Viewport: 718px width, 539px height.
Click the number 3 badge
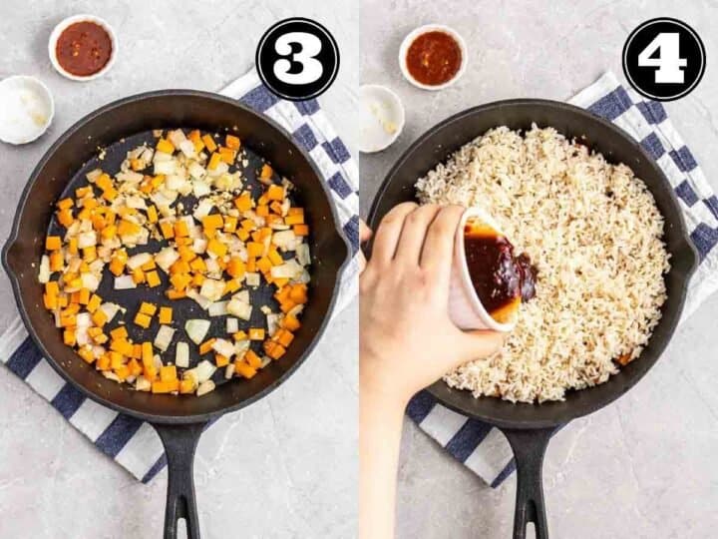click(x=297, y=59)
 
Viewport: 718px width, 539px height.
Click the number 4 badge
click(x=663, y=59)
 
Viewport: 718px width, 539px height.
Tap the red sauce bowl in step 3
click(x=84, y=48)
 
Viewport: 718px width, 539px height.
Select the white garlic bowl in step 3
click(x=26, y=110)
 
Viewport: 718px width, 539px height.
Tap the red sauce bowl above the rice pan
click(x=433, y=57)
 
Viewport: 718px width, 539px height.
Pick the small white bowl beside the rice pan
click(x=381, y=118)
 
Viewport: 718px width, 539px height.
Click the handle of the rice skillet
click(x=530, y=482)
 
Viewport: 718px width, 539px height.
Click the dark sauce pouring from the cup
click(x=500, y=270)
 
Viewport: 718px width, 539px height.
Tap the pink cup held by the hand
click(x=481, y=275)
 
